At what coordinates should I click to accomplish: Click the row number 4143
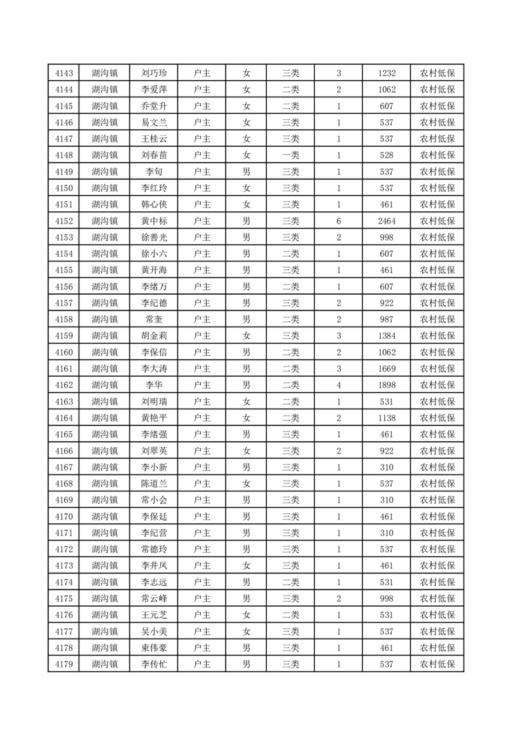coord(63,73)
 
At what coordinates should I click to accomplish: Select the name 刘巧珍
coord(153,73)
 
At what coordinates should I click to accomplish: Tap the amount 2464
coord(387,221)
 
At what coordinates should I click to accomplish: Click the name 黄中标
coord(153,221)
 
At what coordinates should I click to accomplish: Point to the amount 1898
coord(387,385)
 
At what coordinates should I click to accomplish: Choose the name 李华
coord(153,385)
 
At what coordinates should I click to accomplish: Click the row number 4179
coord(63,664)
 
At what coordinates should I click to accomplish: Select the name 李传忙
coord(153,664)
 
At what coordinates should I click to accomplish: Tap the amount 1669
coord(387,369)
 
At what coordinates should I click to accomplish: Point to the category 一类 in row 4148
coord(291,155)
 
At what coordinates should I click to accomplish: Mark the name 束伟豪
coord(153,647)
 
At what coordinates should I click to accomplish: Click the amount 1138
coord(387,418)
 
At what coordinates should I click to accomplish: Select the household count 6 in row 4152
coord(339,221)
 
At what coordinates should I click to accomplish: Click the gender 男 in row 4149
coord(246,172)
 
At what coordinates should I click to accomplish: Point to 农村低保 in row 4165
coord(437,434)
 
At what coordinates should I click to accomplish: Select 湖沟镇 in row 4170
coord(105,516)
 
